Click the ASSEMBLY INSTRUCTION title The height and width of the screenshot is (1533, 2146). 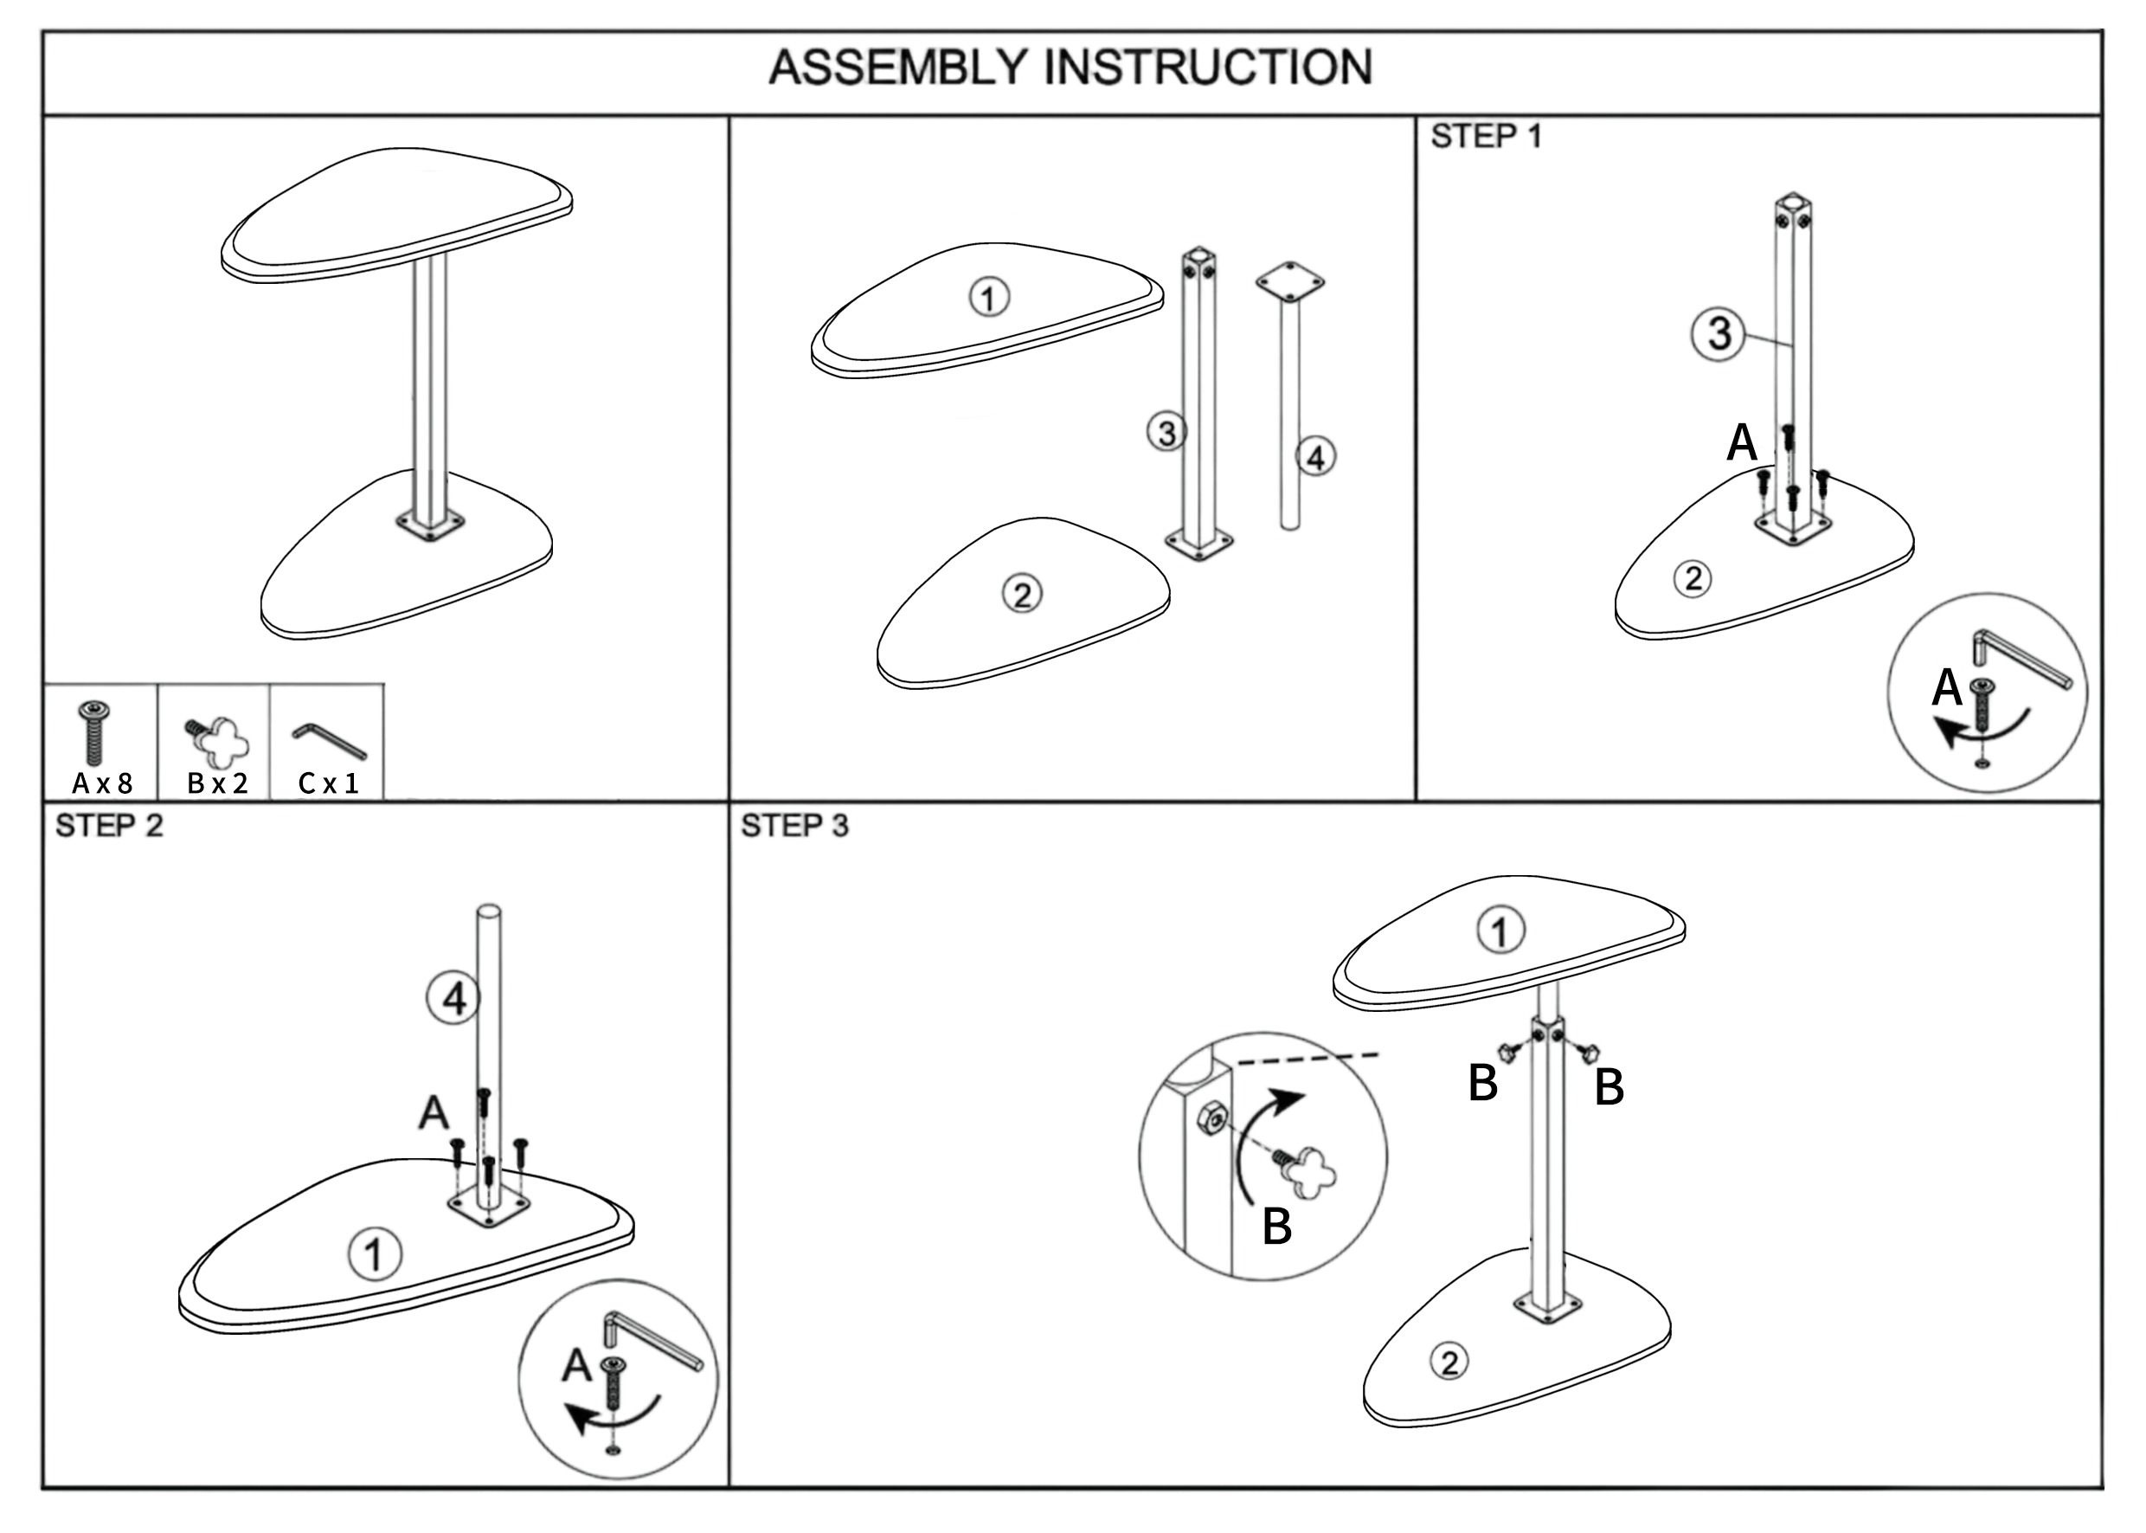coord(1070,68)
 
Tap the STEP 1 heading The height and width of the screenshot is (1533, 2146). coord(1486,137)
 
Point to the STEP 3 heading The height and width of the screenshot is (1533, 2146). coord(794,826)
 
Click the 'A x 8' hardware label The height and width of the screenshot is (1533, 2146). coord(102,783)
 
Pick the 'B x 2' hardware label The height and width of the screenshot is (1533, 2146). coord(217,783)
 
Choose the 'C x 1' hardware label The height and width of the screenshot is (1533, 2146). coord(329,783)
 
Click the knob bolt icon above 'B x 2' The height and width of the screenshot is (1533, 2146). coord(219,740)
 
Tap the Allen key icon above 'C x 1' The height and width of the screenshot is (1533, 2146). coord(329,740)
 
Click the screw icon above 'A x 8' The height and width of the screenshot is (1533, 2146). coord(94,731)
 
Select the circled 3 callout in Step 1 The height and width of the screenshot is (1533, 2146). coord(1719,333)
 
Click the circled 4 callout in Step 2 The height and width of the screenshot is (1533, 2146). coord(454,999)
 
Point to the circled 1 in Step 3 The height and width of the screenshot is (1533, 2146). coord(1500,931)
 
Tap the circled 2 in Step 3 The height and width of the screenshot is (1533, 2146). coord(1449,1362)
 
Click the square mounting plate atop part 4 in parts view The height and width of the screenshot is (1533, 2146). coord(1289,281)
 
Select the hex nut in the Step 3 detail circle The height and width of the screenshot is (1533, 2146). coord(1211,1119)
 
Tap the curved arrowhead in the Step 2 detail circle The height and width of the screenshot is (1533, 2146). coord(575,1417)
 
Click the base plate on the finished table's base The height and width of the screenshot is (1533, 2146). coord(430,525)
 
